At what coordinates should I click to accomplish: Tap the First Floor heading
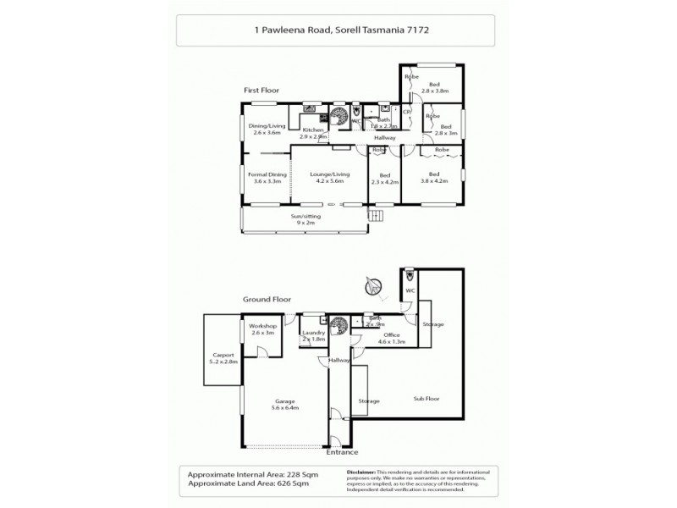[x=263, y=90]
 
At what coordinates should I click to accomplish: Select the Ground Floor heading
[x=267, y=299]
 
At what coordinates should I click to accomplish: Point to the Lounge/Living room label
[x=330, y=177]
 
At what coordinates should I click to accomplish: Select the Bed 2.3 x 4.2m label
[x=384, y=177]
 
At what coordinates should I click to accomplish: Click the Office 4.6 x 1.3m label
[x=390, y=339]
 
